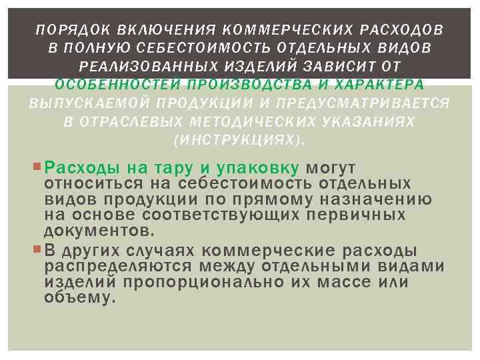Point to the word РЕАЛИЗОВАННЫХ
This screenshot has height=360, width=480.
133,66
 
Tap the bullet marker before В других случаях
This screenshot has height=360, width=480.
37,251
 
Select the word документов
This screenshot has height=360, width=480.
99,231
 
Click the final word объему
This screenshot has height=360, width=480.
80,298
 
